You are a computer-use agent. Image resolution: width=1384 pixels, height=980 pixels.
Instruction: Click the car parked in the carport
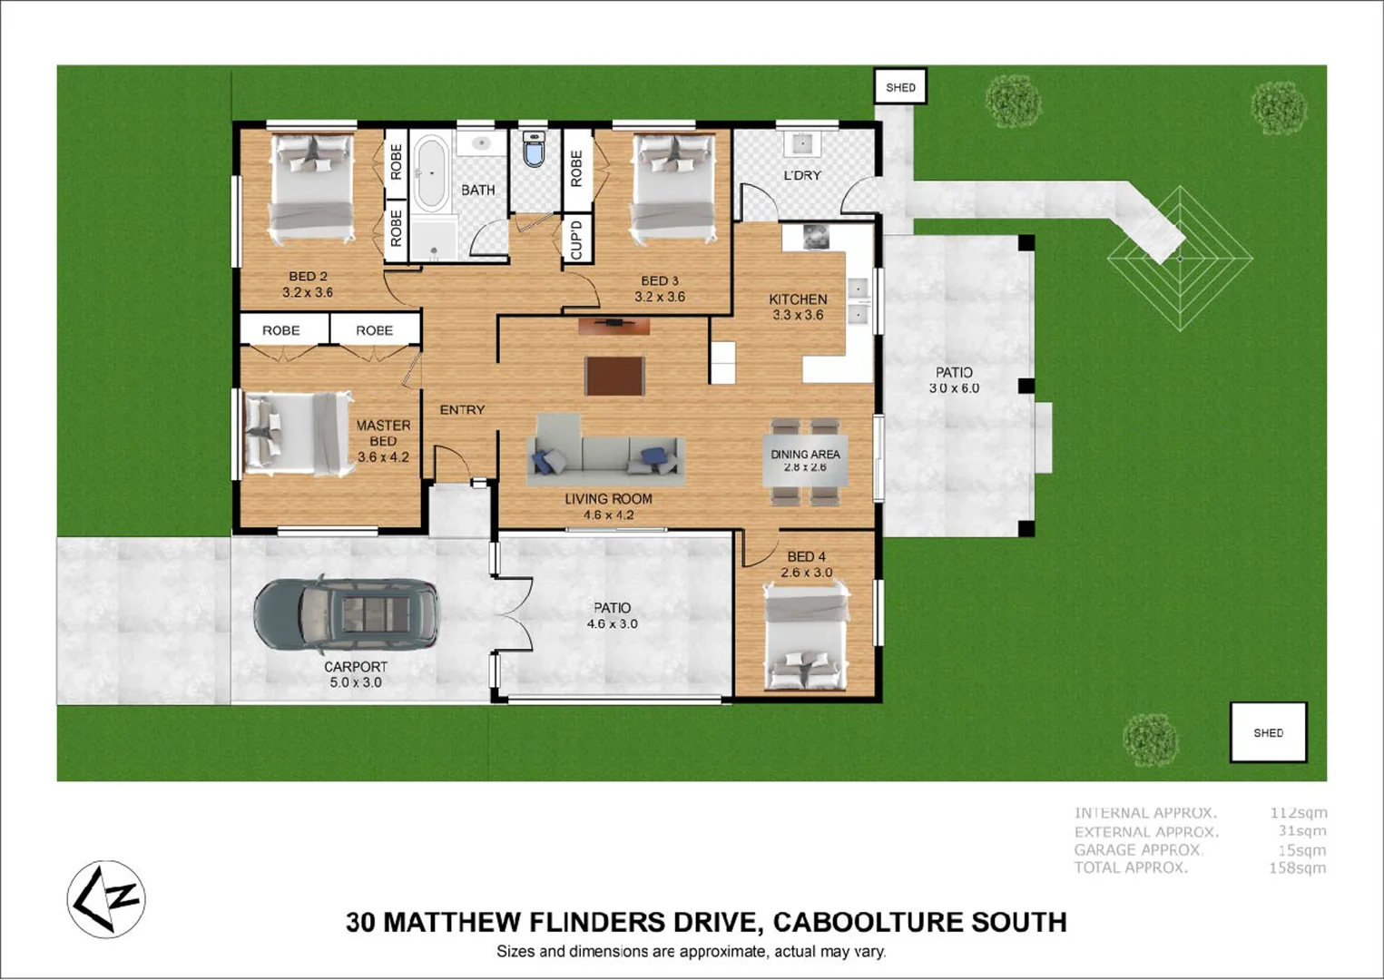coord(347,615)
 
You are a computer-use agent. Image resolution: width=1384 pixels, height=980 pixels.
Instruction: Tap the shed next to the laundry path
coord(900,87)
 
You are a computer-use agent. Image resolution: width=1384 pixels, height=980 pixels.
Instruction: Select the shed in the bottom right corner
coord(1268,732)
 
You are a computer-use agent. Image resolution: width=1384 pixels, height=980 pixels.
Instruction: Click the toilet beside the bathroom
coord(535,149)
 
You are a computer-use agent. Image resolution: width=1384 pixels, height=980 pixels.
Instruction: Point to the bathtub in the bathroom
coord(431,173)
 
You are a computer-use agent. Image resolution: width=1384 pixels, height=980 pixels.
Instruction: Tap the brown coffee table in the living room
coord(614,376)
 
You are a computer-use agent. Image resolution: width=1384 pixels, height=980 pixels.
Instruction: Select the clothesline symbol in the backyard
coord(1180,259)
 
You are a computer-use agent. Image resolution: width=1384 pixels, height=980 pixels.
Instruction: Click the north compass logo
coord(106,899)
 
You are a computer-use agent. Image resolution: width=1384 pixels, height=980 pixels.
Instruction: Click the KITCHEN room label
coord(798,299)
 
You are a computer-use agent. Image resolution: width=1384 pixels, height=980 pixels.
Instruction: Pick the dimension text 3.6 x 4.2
coord(383,457)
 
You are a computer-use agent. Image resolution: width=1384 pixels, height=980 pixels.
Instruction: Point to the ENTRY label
coord(462,410)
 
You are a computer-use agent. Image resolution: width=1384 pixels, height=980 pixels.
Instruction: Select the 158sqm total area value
coord(1297,868)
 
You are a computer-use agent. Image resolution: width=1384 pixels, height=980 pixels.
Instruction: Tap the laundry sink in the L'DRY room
coord(802,143)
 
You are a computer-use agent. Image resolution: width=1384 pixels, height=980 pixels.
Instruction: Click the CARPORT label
coord(356,667)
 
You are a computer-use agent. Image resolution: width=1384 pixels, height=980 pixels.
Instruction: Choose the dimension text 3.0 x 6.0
coord(954,388)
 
